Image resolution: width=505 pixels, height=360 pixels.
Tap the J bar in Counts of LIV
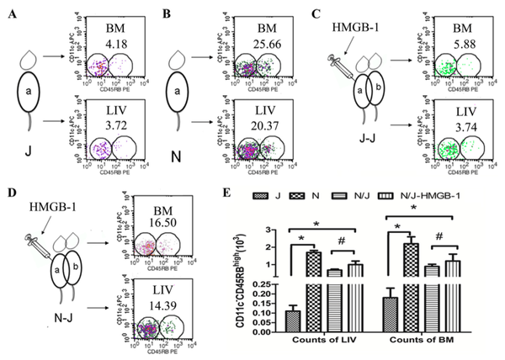pyautogui.click(x=293, y=322)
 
